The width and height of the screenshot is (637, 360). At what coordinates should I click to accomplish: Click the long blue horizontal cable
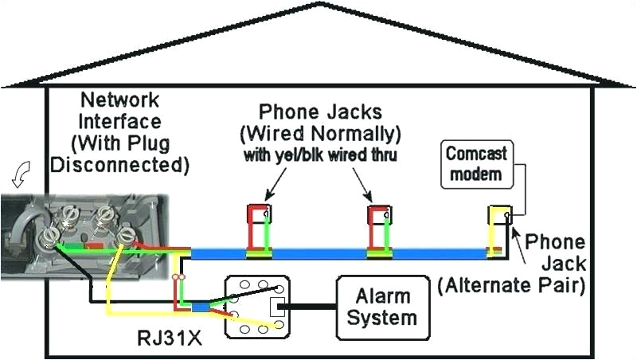point(334,254)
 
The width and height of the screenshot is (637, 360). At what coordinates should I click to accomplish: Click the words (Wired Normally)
point(332,132)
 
